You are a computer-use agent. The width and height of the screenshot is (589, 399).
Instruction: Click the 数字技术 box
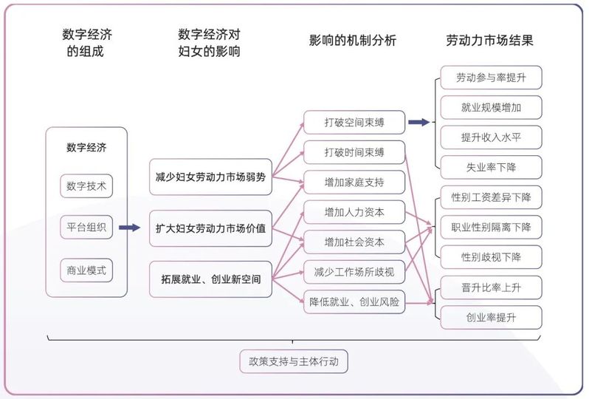(86, 186)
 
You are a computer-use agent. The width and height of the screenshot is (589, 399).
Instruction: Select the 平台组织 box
(86, 228)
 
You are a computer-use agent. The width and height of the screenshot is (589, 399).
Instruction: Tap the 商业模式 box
(86, 270)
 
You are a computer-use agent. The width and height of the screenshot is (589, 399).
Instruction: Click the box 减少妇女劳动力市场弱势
(210, 177)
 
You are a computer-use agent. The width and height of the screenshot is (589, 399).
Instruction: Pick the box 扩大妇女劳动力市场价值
(210, 228)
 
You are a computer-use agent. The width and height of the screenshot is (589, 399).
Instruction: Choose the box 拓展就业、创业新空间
(210, 280)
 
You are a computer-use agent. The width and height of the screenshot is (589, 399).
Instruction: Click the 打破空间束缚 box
(354, 122)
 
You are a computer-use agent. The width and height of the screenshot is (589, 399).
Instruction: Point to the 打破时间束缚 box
(354, 152)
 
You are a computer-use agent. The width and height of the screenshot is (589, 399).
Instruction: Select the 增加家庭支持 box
(354, 182)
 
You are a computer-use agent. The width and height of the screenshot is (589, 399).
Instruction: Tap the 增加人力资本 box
(354, 212)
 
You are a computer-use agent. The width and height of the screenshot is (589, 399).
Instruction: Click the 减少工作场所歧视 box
(354, 272)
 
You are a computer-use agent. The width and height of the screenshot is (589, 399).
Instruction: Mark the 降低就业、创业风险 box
(354, 301)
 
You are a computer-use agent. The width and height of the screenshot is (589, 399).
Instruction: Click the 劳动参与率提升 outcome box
(491, 78)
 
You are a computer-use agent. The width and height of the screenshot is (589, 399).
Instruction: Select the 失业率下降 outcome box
(491, 167)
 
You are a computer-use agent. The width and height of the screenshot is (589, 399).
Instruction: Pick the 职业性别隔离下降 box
(491, 227)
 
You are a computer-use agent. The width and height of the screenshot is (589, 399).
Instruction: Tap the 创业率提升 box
(491, 317)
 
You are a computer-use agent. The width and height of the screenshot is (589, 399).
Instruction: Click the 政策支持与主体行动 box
(294, 362)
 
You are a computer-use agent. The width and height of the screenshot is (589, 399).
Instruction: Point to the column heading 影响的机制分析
(353, 41)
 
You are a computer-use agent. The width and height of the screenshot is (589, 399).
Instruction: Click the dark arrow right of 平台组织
(129, 228)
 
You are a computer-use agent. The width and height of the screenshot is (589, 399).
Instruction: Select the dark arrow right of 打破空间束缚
(419, 122)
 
